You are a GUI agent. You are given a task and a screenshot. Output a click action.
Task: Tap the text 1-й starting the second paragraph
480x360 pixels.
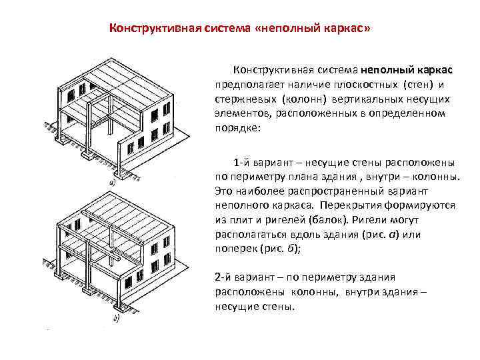point(241,163)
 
